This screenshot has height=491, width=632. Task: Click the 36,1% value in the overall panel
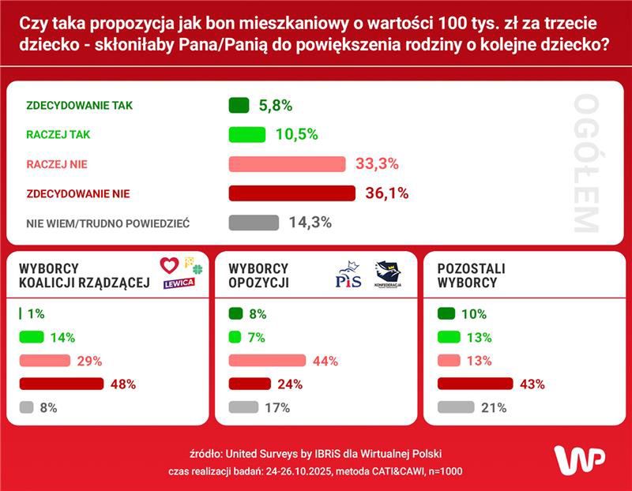click(386, 193)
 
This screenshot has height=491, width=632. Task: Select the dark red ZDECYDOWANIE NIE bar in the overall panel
click(292, 193)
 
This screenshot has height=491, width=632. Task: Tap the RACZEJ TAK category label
click(58, 135)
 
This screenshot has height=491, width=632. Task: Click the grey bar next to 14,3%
click(254, 223)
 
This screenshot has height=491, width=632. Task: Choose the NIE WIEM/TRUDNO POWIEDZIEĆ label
click(107, 223)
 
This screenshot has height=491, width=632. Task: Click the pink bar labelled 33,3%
click(287, 164)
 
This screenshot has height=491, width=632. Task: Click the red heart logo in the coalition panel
click(169, 264)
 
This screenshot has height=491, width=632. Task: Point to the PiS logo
click(348, 275)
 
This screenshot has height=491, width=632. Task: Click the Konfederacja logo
click(388, 275)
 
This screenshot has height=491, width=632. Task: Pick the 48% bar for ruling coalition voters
click(62, 384)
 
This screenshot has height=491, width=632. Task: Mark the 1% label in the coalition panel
click(36, 313)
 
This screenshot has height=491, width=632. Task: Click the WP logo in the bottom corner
click(579, 460)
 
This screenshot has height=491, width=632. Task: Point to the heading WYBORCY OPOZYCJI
click(258, 275)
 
